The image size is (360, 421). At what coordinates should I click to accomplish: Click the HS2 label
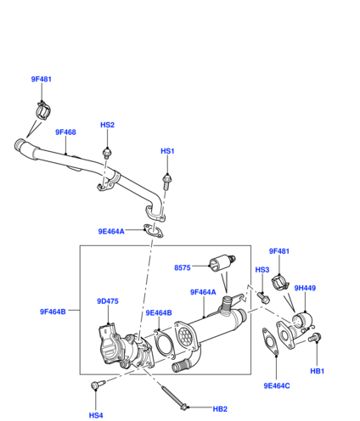107,125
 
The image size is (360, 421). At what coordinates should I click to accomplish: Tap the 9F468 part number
65,132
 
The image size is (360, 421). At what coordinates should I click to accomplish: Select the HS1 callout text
167,151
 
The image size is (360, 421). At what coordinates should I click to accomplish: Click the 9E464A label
111,232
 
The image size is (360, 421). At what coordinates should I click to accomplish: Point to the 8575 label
183,267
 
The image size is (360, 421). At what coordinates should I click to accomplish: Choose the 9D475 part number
108,301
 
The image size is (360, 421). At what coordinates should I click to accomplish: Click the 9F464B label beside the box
53,312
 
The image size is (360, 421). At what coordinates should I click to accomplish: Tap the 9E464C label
277,386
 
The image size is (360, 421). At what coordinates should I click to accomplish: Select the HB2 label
220,409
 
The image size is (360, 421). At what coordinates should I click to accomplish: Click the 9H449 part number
305,288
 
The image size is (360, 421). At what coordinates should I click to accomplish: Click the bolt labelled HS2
107,153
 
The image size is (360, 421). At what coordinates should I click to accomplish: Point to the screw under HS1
166,182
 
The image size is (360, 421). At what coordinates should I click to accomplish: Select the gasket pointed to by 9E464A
153,231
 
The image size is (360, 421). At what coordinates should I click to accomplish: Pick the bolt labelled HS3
263,298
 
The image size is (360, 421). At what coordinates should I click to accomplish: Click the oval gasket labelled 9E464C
271,342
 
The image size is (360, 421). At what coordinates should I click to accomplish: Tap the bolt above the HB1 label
314,338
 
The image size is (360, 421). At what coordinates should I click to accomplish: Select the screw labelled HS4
98,385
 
